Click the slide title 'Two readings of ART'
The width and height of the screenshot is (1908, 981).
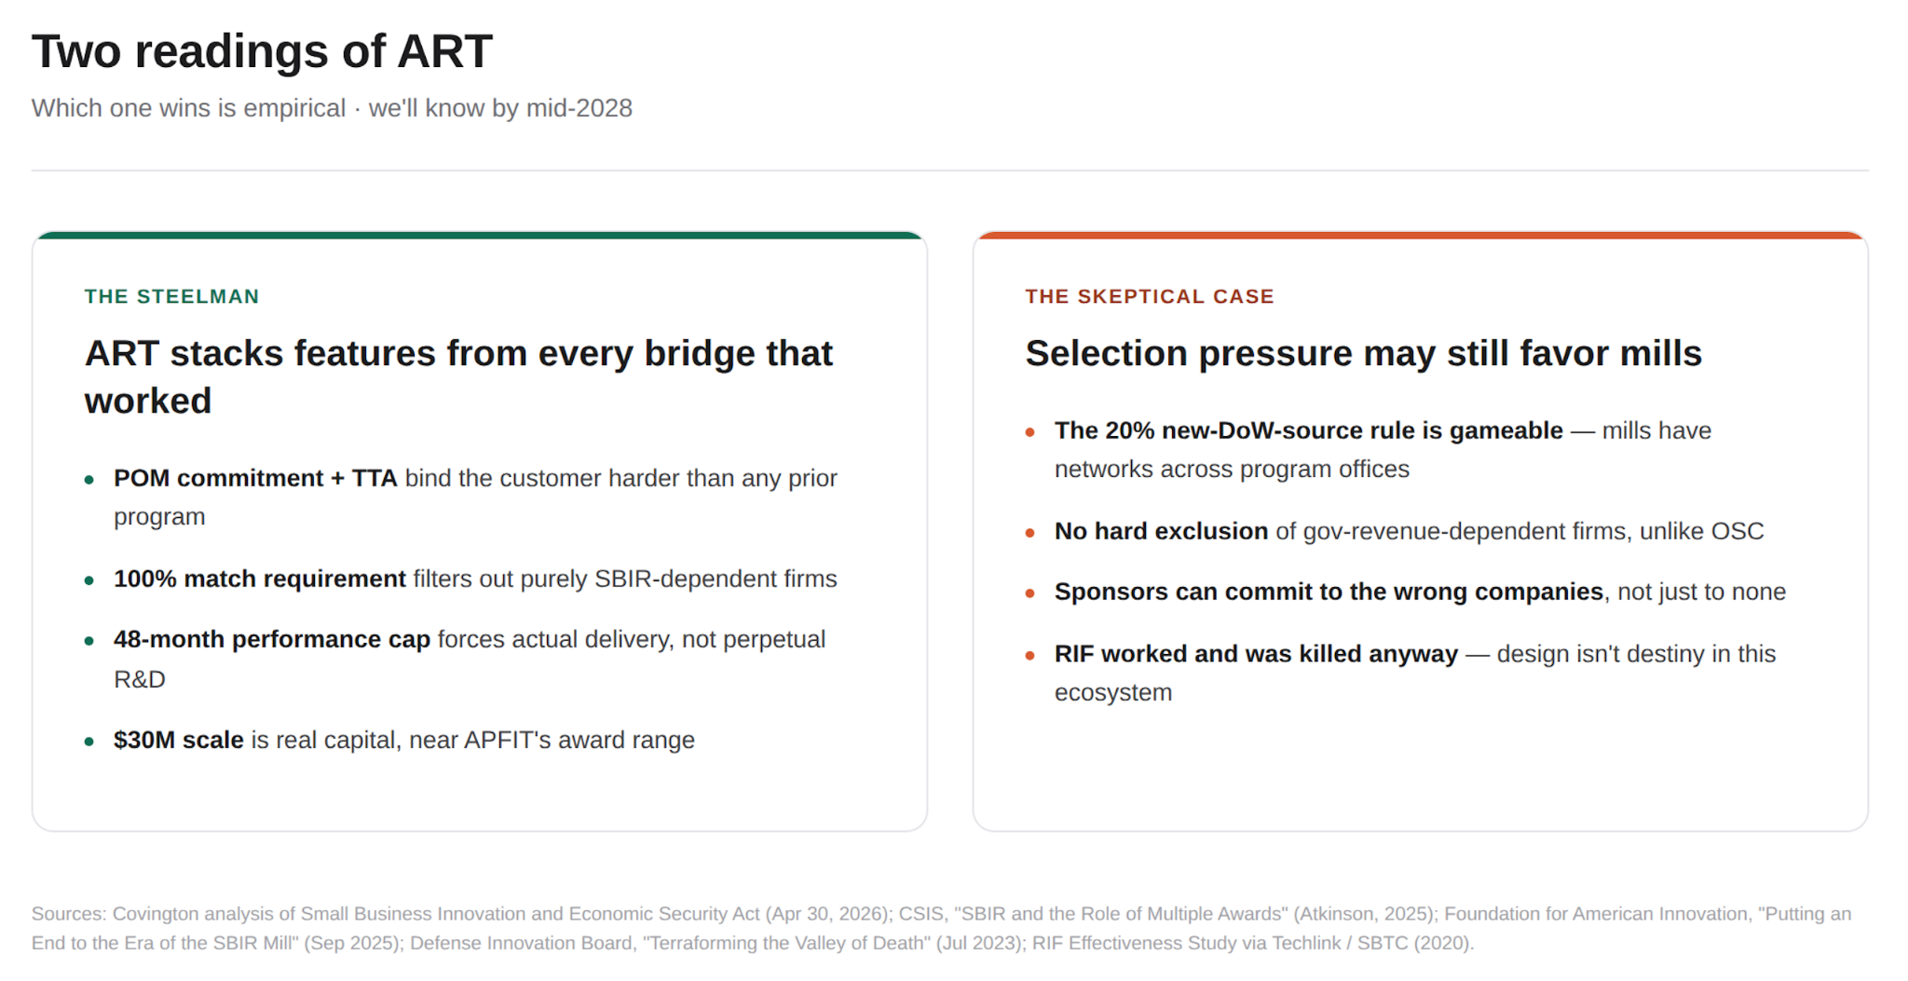point(262,51)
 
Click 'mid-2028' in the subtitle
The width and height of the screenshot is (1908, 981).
point(579,108)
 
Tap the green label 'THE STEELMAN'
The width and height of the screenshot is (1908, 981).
point(172,296)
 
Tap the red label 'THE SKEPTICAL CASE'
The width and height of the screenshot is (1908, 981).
point(1150,296)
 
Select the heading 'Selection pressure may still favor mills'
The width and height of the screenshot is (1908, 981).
point(1364,354)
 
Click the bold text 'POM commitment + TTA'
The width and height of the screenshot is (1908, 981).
point(255,478)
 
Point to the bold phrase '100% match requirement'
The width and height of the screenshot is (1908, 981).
point(260,579)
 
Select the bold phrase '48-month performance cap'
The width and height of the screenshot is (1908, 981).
point(272,639)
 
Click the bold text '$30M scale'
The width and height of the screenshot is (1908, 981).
point(179,740)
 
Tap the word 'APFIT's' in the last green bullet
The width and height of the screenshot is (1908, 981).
point(510,740)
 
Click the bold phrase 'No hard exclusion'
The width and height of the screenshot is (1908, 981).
point(1161,531)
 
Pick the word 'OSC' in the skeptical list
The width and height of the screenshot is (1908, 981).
point(1738,531)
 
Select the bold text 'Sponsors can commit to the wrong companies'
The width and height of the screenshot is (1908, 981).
point(1329,592)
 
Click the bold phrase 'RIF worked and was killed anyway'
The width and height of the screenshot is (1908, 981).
point(1256,654)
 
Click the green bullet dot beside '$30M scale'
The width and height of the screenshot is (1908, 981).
point(89,742)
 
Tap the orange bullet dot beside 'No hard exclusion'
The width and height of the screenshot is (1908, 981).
point(1030,533)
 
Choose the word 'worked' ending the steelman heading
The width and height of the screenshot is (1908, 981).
point(148,402)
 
